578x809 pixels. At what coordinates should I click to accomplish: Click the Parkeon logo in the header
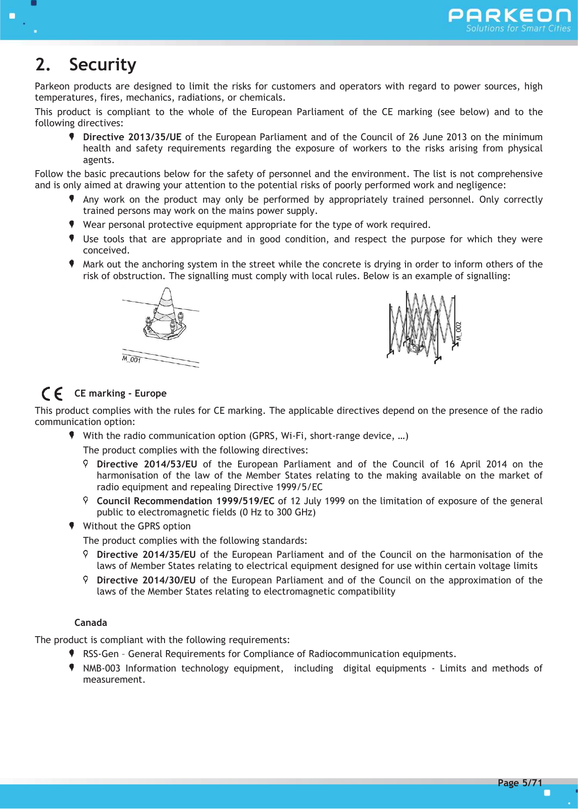point(509,16)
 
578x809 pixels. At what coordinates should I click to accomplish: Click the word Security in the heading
point(103,65)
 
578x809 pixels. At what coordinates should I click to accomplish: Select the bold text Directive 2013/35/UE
point(132,137)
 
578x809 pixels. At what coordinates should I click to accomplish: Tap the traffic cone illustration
point(165,315)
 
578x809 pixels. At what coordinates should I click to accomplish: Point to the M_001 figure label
point(131,359)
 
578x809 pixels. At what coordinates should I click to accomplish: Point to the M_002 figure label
point(459,330)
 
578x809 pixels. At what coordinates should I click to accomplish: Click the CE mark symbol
point(52,394)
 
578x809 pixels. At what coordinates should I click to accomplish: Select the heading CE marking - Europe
point(120,393)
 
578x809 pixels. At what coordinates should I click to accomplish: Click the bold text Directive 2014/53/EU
point(147,464)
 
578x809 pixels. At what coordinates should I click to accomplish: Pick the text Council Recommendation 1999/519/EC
point(185,501)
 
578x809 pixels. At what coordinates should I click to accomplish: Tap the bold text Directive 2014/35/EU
point(146,555)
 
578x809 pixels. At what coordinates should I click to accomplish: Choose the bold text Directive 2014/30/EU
point(146,580)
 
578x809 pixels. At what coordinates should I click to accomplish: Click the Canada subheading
point(90,623)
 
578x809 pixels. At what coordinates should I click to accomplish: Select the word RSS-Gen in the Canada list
point(101,654)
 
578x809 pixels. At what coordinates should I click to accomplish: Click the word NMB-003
point(102,668)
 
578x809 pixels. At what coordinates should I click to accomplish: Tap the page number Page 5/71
point(520,782)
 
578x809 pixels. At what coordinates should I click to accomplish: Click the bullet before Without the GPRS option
point(72,526)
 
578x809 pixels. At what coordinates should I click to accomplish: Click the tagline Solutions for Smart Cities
point(518,28)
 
